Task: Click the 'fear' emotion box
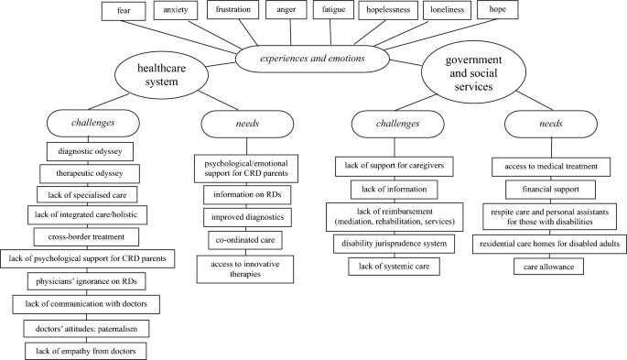click(x=124, y=12)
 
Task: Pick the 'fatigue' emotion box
click(x=328, y=12)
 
